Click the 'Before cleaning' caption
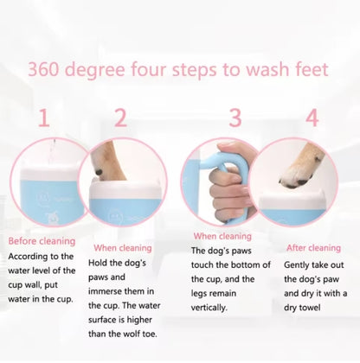click(x=42, y=241)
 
